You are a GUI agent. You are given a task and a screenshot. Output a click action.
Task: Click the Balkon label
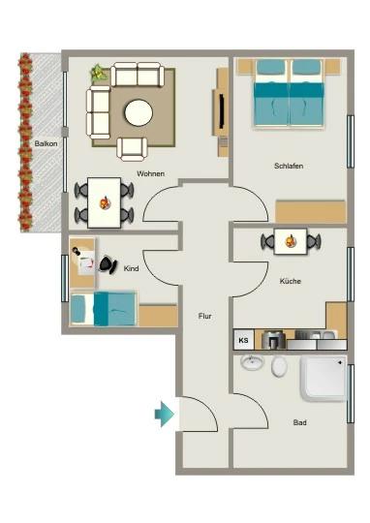(x=46, y=143)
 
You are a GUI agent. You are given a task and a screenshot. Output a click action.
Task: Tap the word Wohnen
(x=150, y=173)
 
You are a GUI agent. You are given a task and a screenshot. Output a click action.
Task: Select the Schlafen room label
(x=289, y=166)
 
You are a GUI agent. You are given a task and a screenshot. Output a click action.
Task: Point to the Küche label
(x=291, y=281)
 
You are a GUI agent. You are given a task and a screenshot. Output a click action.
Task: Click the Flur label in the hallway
(x=204, y=316)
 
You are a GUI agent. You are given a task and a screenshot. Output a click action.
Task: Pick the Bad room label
(x=299, y=422)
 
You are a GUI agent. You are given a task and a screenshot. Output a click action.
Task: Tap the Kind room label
(x=131, y=268)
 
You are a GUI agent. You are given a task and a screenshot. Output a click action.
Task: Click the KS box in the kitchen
(x=243, y=340)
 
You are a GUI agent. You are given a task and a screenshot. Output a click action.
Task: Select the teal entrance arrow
(x=164, y=414)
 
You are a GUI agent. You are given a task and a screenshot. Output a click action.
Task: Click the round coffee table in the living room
(x=139, y=112)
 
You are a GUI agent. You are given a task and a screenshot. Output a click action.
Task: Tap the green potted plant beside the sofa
(x=99, y=73)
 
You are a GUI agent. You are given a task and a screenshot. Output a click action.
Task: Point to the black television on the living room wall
(x=221, y=110)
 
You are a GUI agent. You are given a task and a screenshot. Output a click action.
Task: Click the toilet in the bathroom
(x=279, y=366)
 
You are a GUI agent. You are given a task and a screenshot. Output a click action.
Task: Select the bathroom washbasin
(x=252, y=362)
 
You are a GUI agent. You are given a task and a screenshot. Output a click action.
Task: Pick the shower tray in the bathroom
(x=324, y=378)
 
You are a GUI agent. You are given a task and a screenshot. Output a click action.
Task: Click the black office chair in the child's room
(x=108, y=264)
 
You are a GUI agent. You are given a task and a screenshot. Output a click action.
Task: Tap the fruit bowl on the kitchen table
(x=291, y=241)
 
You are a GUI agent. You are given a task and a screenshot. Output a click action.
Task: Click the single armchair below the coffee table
(x=132, y=149)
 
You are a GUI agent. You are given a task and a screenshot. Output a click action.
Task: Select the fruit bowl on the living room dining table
(x=106, y=202)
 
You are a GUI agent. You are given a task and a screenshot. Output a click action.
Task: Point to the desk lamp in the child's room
(x=77, y=251)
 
